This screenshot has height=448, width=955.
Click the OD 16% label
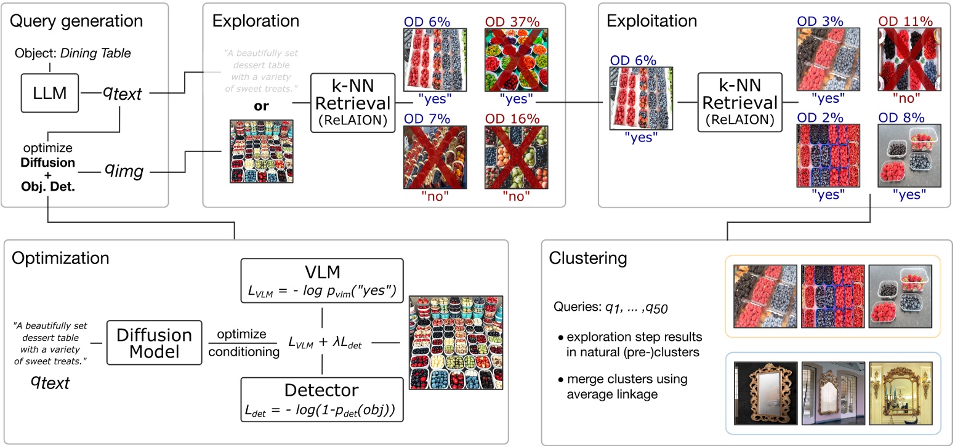[510, 118]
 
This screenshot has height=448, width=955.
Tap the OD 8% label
[902, 118]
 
